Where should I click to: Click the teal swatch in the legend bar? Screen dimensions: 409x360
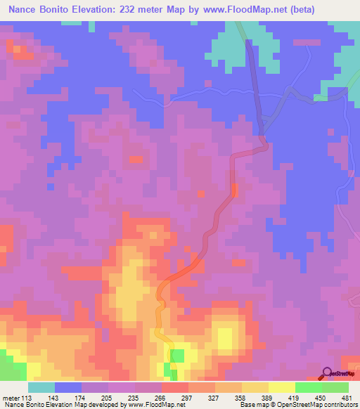[x=41, y=387]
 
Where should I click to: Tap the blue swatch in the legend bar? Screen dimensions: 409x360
[x=68, y=387]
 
